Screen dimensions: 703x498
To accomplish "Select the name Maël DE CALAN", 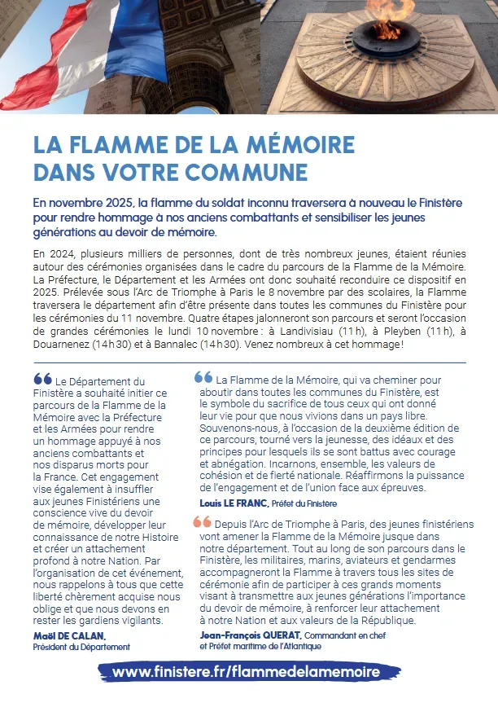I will click(x=70, y=635).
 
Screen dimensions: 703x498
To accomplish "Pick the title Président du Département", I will click(x=81, y=647).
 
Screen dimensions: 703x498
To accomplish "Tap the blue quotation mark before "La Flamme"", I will click(x=203, y=378).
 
